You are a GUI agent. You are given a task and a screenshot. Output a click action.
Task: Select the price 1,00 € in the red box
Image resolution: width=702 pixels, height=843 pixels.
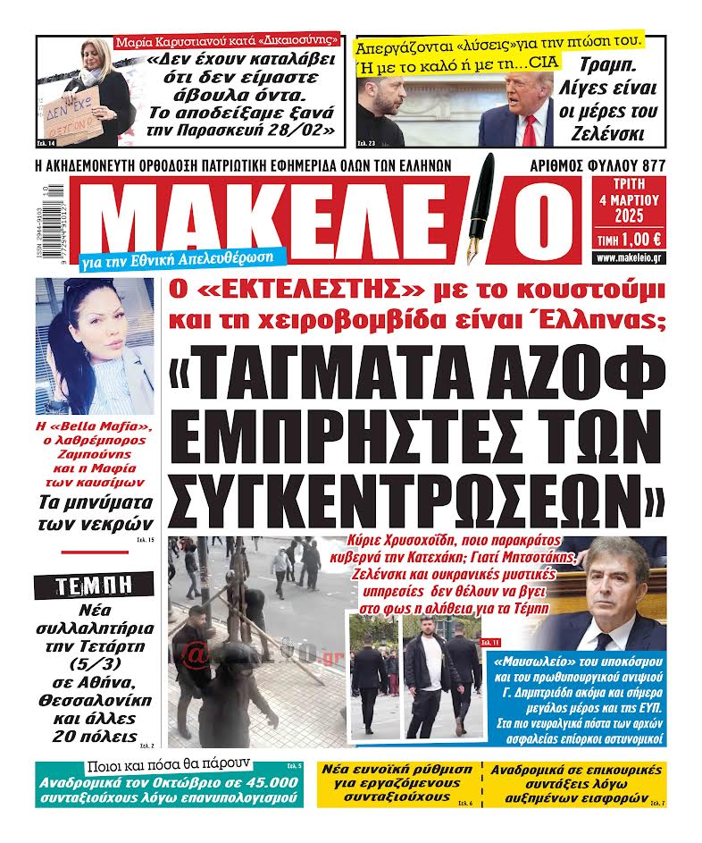pyautogui.click(x=637, y=239)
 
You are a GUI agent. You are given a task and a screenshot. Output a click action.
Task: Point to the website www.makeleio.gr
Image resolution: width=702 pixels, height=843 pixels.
pyautogui.click(x=629, y=258)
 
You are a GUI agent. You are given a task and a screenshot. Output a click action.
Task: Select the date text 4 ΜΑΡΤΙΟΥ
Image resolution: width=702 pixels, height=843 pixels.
pyautogui.click(x=629, y=199)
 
